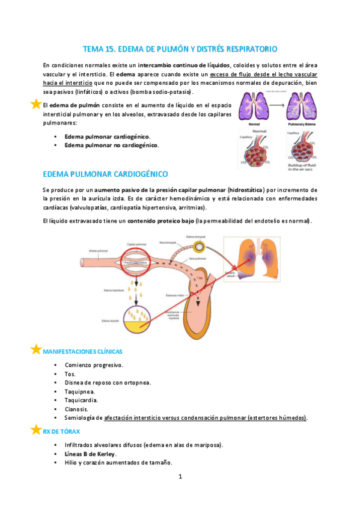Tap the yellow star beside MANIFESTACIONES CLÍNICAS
36,349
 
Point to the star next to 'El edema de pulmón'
36,104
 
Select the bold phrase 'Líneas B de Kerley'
90,453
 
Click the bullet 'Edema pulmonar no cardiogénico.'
111,146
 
